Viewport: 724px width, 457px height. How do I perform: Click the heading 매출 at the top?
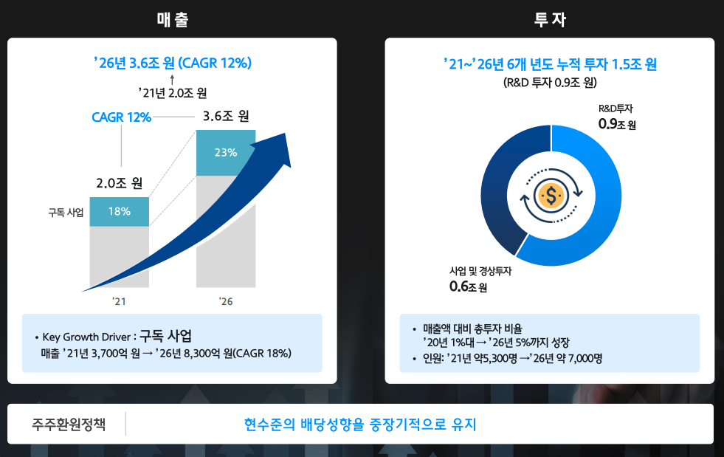(173, 20)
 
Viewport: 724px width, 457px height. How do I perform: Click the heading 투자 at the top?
(550, 20)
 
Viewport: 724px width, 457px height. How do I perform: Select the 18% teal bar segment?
(120, 212)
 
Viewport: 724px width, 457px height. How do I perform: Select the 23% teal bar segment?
(226, 153)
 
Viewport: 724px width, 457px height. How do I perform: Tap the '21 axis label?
(119, 301)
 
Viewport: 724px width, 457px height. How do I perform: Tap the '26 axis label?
(226, 301)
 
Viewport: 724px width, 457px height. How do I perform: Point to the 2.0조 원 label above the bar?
(119, 183)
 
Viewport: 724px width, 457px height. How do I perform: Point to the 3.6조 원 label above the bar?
(226, 116)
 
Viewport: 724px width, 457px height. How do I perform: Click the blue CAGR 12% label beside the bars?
(121, 117)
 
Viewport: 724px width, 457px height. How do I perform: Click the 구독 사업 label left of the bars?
(65, 213)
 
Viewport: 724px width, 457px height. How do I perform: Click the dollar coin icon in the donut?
(551, 195)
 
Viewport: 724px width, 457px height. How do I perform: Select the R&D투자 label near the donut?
(616, 109)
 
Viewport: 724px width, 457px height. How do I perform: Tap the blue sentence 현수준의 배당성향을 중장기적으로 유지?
(360, 425)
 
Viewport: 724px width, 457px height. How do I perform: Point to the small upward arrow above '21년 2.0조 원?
(172, 78)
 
